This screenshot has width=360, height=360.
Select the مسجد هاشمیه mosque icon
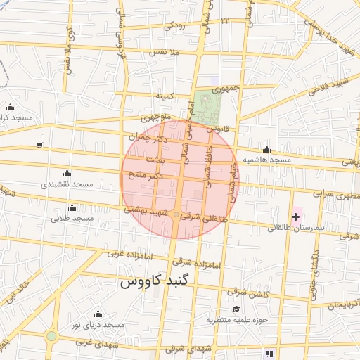click(x=266, y=149)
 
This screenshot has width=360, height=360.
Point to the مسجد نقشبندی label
click(x=67, y=184)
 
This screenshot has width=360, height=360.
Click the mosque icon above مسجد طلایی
click(x=72, y=207)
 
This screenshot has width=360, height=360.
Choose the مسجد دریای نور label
click(x=101, y=325)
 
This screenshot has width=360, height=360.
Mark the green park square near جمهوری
click(x=207, y=105)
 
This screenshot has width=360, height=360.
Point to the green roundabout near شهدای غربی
click(x=51, y=336)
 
